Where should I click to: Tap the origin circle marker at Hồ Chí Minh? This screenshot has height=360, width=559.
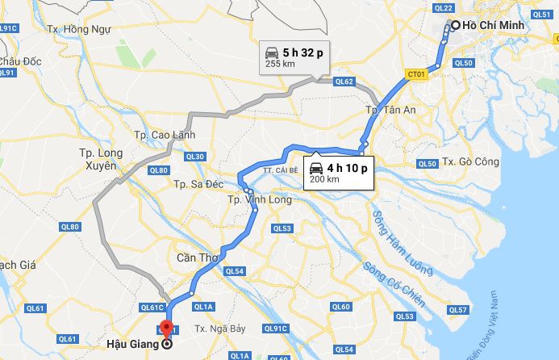coord(455,25)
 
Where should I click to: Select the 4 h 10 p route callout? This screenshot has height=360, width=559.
coord(339,172)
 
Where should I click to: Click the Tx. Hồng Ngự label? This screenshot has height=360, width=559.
coord(77,28)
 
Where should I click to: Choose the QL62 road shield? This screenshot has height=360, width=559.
coord(344,82)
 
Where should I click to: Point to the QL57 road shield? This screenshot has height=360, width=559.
coord(458,309)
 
